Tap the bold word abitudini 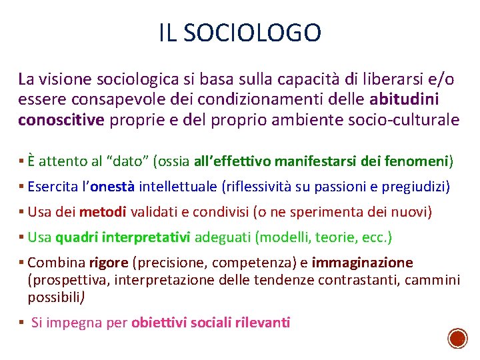click(403, 99)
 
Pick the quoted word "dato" click(134, 161)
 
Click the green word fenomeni click(417, 161)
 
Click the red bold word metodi click(103, 213)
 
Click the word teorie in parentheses click(330, 237)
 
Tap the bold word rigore click(109, 263)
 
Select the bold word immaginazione click(362, 263)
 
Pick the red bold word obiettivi click(159, 323)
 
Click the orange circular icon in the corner click(457, 339)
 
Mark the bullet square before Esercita click(23, 187)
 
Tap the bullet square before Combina click(23, 263)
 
